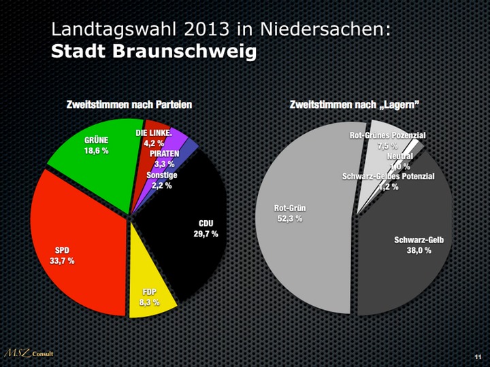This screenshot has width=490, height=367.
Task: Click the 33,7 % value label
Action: (x=62, y=261)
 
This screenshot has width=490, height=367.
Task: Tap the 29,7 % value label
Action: (x=206, y=234)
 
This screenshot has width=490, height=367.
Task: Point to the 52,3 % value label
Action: (x=289, y=219)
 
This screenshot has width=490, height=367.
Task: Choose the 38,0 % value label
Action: (x=419, y=250)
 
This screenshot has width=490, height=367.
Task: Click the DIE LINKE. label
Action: (x=153, y=133)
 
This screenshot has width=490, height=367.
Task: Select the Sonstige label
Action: (x=162, y=175)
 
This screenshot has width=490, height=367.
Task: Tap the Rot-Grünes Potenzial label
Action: (x=387, y=136)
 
